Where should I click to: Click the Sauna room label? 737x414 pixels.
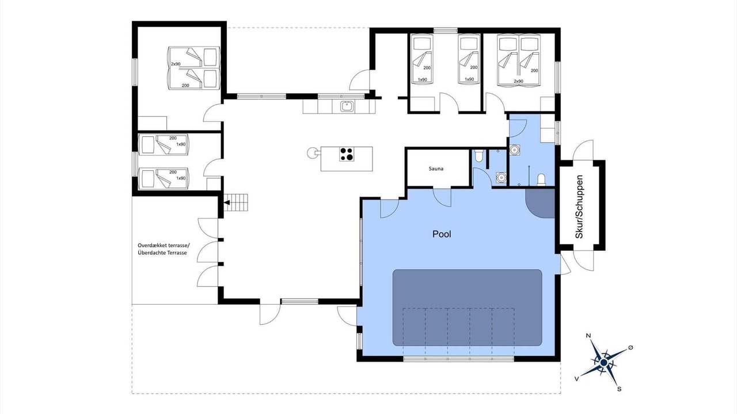point(436,168)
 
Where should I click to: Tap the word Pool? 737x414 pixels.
point(442,234)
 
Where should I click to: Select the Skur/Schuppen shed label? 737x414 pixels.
point(579,206)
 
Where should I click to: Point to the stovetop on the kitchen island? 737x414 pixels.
point(347,154)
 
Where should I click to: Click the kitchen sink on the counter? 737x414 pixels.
point(347,106)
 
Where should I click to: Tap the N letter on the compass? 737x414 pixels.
point(588,335)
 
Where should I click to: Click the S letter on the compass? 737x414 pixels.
point(619,389)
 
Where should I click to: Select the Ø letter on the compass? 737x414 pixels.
point(630,347)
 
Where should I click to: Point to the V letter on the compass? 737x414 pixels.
point(576,379)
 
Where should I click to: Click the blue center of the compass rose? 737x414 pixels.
point(604,362)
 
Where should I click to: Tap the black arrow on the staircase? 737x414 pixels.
point(227,203)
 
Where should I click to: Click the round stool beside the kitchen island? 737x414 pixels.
point(311,152)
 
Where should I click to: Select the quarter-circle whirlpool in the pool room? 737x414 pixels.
point(540,204)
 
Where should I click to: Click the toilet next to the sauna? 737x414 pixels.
point(478,156)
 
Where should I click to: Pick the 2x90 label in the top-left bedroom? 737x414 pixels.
point(176,64)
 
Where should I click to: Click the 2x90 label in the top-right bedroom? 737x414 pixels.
point(519,81)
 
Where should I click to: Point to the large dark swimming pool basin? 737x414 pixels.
point(467,308)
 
